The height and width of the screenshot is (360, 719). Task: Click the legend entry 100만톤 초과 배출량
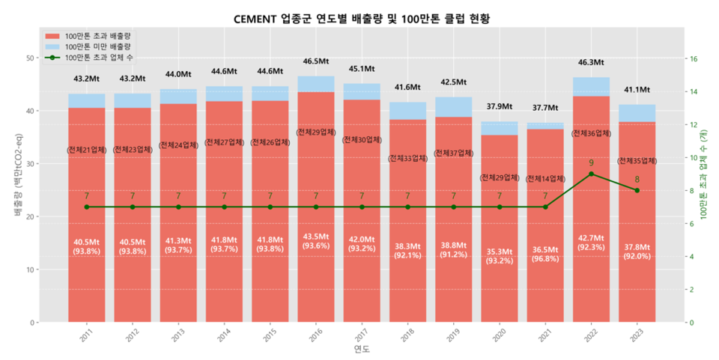pyautogui.click(x=97, y=36)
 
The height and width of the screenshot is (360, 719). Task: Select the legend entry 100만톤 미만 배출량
pyautogui.click(x=97, y=46)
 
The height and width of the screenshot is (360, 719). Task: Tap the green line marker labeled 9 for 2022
pyautogui.click(x=591, y=174)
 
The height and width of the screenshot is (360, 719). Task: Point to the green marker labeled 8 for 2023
pyautogui.click(x=637, y=190)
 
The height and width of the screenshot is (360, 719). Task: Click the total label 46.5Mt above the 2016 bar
pyautogui.click(x=316, y=61)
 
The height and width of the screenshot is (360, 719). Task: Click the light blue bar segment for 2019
pyautogui.click(x=453, y=107)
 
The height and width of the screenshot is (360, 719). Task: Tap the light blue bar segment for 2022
pyautogui.click(x=591, y=87)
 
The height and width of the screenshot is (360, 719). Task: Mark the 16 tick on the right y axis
pyautogui.click(x=693, y=59)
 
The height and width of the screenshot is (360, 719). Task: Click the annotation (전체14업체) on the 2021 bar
pyautogui.click(x=545, y=179)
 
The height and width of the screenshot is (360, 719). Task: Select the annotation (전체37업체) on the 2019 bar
pyautogui.click(x=453, y=153)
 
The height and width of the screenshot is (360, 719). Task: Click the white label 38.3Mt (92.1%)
pyautogui.click(x=407, y=250)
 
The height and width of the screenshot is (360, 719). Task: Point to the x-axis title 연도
pyautogui.click(x=362, y=350)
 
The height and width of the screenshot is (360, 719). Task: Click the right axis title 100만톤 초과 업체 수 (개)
pyautogui.click(x=704, y=172)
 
